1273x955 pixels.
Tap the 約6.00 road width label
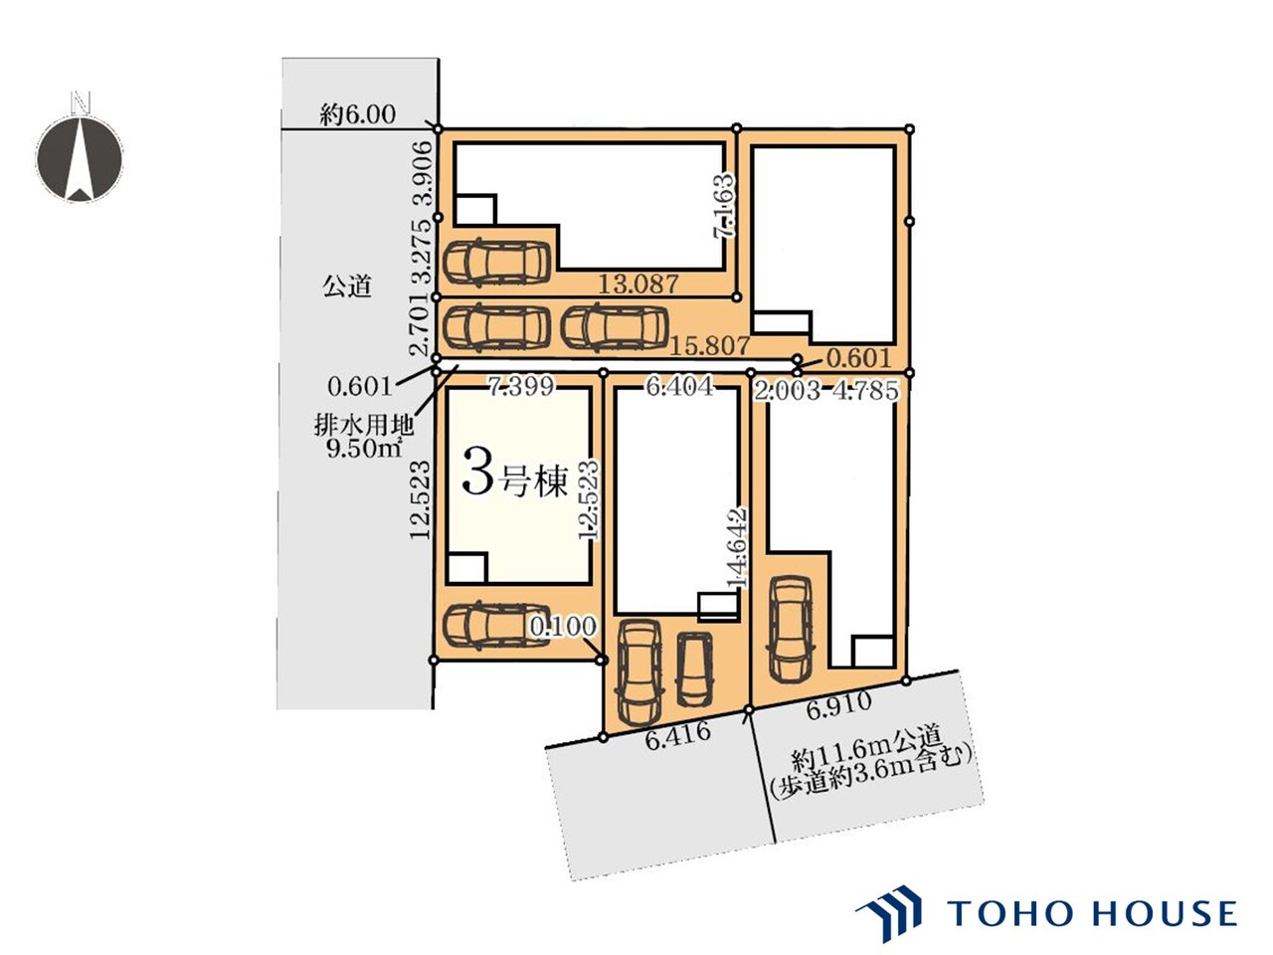click(358, 114)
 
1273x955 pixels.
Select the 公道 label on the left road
click(347, 286)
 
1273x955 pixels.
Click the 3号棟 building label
click(514, 479)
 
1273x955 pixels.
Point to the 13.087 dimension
click(637, 284)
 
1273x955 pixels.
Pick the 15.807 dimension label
click(710, 346)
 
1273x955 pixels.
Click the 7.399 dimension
click(521, 386)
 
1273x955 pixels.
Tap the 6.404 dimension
click(679, 386)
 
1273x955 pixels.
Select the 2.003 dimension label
click(787, 391)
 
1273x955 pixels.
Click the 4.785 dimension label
click(865, 391)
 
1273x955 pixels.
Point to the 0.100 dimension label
click(563, 626)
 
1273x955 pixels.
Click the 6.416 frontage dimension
click(677, 736)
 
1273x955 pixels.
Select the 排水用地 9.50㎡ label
click(364, 437)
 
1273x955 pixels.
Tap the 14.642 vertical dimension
click(739, 548)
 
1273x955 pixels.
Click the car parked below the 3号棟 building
click(496, 626)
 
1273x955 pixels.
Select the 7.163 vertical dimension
click(725, 205)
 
